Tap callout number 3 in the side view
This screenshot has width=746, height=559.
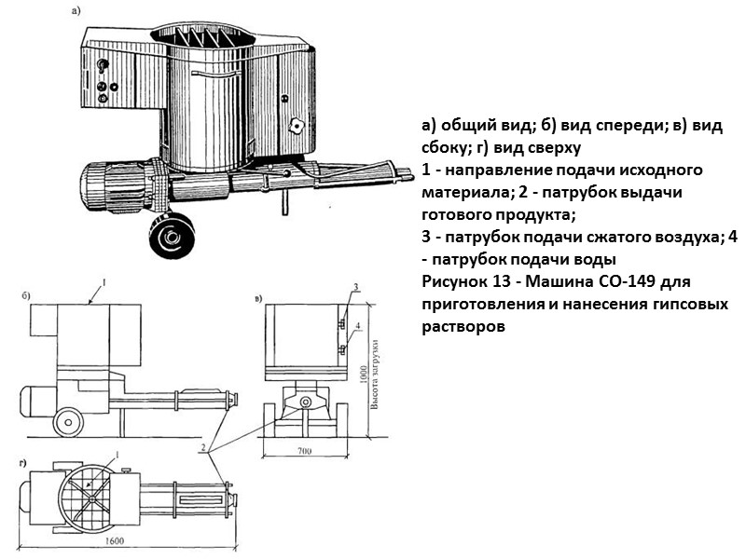point(356,285)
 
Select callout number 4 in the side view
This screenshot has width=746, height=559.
point(358,325)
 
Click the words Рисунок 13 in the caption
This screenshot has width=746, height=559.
point(464,281)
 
